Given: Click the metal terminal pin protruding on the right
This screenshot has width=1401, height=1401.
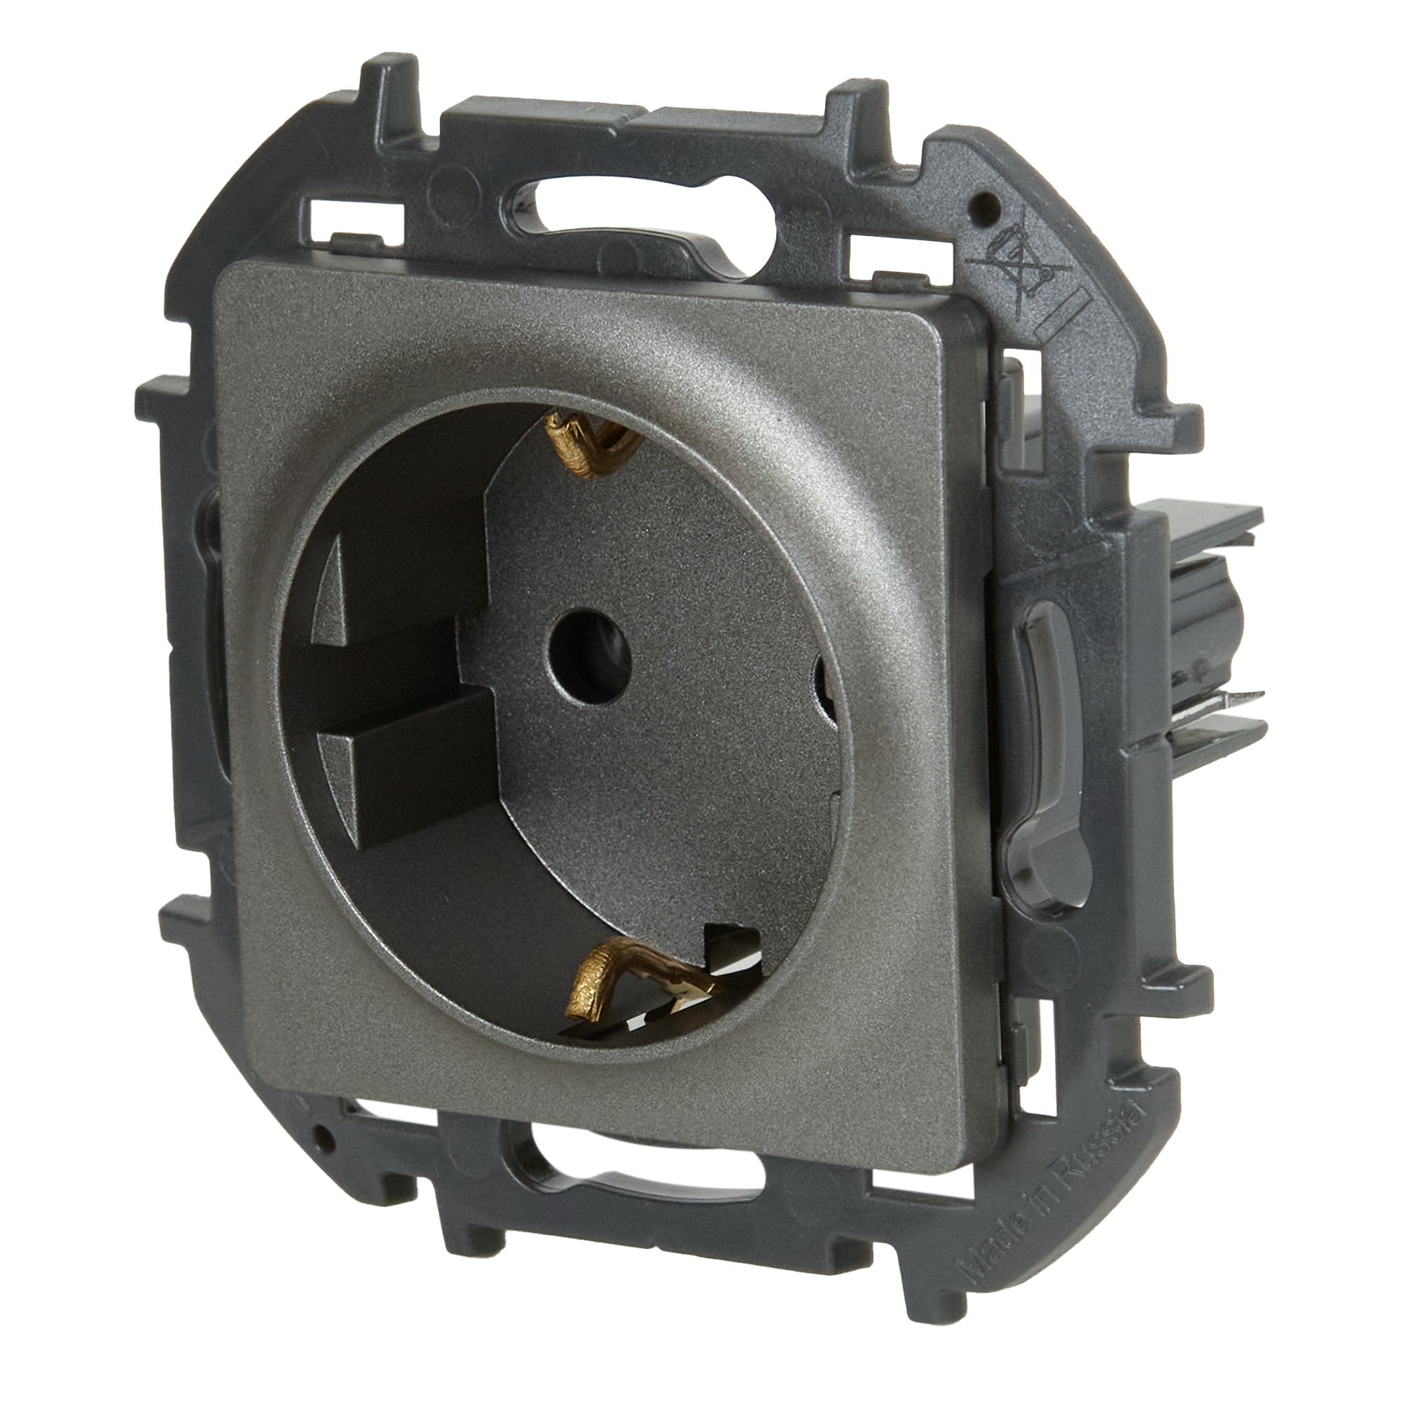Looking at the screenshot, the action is click(1233, 700).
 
